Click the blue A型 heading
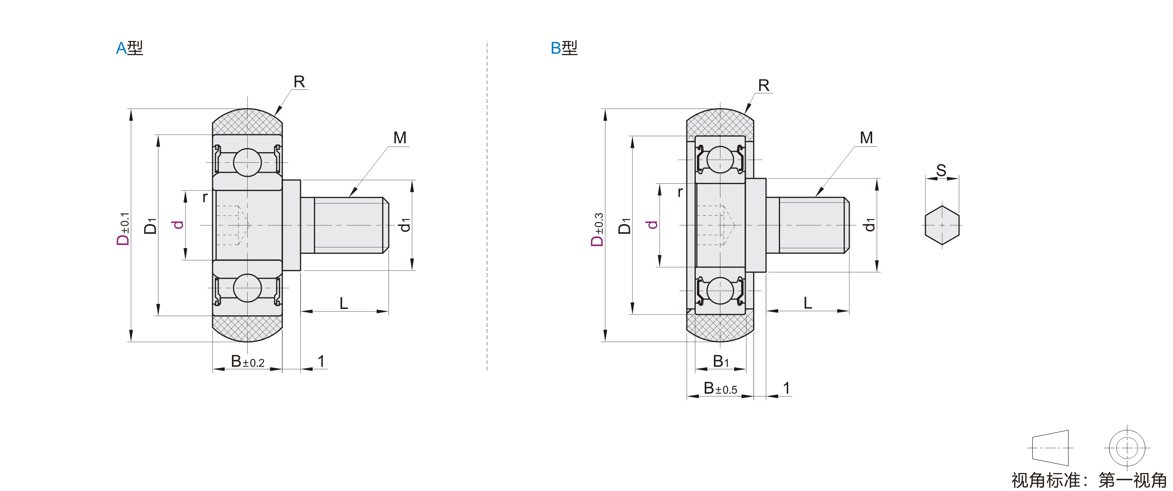pyautogui.click(x=129, y=48)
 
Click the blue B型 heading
pyautogui.click(x=564, y=48)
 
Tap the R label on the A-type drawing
pyautogui.click(x=299, y=82)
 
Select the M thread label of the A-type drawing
pyautogui.click(x=400, y=138)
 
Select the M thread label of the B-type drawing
pyautogui.click(x=866, y=138)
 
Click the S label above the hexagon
pyautogui.click(x=941, y=171)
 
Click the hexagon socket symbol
pyautogui.click(x=942, y=225)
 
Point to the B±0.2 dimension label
pyautogui.click(x=248, y=362)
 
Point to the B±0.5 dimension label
pyautogui.click(x=720, y=388)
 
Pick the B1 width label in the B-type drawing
pyautogui.click(x=721, y=361)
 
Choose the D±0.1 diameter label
pyautogui.click(x=123, y=229)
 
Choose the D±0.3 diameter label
pyautogui.click(x=597, y=229)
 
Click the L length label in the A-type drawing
pyautogui.click(x=344, y=303)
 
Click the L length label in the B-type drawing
pyautogui.click(x=808, y=303)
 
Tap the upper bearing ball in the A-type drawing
pyautogui.click(x=247, y=162)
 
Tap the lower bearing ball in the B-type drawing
pyautogui.click(x=720, y=291)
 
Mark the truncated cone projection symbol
pyautogui.click(x=1050, y=448)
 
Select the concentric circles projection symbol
pyautogui.click(x=1127, y=448)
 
